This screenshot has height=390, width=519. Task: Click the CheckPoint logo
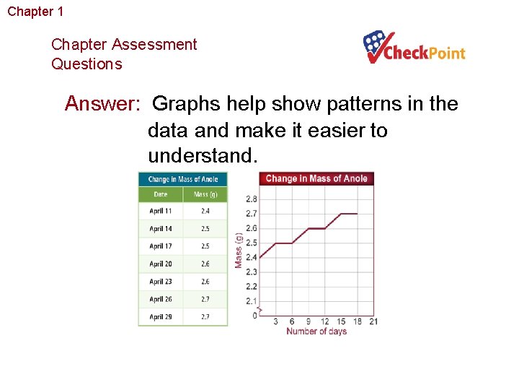click(x=414, y=48)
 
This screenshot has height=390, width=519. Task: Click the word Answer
click(x=102, y=104)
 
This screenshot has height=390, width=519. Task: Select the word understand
click(x=201, y=156)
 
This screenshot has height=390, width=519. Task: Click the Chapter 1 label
click(x=35, y=12)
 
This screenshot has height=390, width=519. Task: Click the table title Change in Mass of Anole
click(x=182, y=179)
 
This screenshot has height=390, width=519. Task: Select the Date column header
click(x=160, y=194)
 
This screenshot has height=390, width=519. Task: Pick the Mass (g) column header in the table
click(x=205, y=194)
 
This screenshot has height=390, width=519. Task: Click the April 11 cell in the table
click(x=160, y=211)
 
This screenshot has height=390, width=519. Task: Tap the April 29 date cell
click(x=160, y=316)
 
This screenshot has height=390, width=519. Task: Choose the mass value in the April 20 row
click(x=205, y=264)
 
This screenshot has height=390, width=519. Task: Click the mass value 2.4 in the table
click(x=205, y=211)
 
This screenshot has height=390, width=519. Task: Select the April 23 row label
click(x=160, y=282)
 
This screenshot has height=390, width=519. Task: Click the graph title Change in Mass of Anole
click(x=316, y=178)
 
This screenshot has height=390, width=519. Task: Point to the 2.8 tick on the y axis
click(x=251, y=199)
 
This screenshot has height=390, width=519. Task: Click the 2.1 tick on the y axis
click(x=251, y=301)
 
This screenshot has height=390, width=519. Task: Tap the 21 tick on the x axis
click(x=373, y=321)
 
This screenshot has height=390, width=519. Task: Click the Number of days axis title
click(x=316, y=331)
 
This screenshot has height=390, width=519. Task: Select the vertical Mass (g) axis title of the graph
click(x=239, y=251)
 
